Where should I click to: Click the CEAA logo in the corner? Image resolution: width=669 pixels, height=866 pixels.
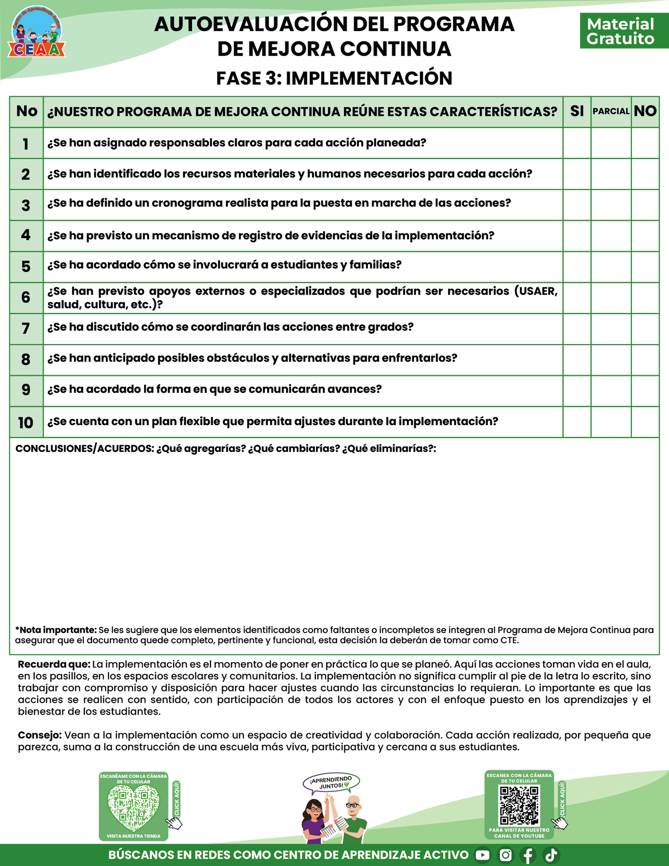click(x=37, y=32)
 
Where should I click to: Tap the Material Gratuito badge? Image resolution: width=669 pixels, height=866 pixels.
click(x=620, y=31)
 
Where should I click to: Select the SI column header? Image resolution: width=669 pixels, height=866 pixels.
click(x=577, y=111)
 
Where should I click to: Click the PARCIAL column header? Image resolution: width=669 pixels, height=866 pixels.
click(x=611, y=111)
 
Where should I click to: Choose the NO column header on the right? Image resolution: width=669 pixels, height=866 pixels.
click(x=645, y=111)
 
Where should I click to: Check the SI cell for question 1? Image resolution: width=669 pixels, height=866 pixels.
click(x=577, y=143)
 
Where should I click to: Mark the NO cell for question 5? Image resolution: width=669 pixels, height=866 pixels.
click(x=645, y=267)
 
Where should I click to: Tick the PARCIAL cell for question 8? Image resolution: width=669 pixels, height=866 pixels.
click(x=611, y=360)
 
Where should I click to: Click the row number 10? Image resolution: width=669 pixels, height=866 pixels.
click(x=26, y=422)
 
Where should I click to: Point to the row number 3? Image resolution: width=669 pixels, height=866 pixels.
click(x=26, y=205)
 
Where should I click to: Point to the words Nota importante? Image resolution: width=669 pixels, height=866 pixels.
click(x=57, y=630)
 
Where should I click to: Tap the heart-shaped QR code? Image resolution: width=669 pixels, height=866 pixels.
click(x=133, y=809)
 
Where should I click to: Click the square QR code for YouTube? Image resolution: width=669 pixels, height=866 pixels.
click(x=519, y=806)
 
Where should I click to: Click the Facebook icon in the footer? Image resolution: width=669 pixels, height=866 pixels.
click(x=528, y=855)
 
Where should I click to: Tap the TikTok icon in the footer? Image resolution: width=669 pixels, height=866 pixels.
click(x=551, y=855)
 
